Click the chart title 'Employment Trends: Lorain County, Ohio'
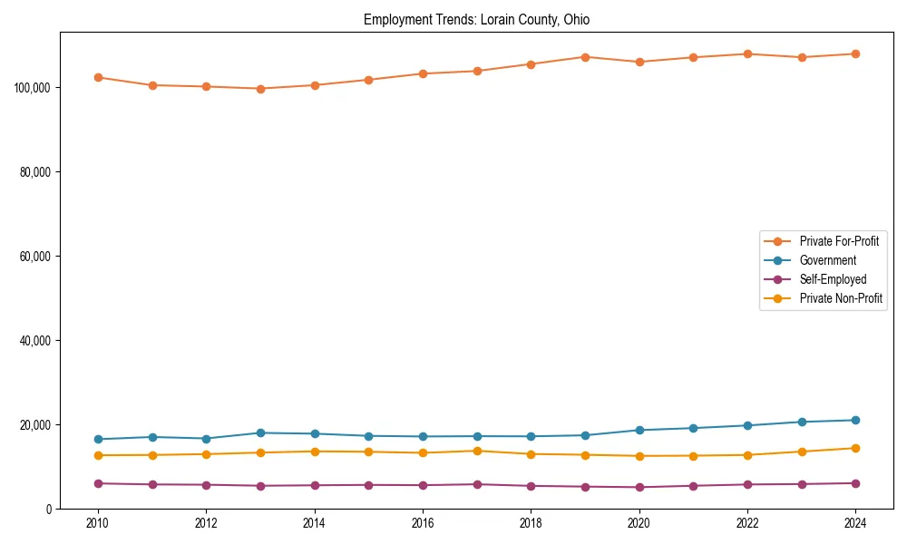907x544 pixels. [x=476, y=20]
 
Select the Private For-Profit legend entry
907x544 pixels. [x=839, y=241]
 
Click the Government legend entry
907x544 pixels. [x=827, y=260]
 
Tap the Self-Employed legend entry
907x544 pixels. [x=833, y=279]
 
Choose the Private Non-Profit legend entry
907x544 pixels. [x=841, y=298]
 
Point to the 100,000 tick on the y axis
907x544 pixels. [x=33, y=88]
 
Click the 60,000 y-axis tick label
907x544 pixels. [x=35, y=257]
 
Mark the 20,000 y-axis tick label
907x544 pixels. [x=35, y=425]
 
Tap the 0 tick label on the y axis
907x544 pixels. [x=49, y=510]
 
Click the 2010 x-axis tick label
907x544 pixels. [x=98, y=523]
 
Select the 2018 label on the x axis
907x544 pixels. [x=531, y=523]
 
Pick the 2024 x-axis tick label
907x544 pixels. [x=855, y=523]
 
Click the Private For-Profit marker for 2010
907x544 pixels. [x=98, y=77]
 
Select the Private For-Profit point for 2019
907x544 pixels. [x=585, y=57]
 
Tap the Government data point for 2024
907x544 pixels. [x=855, y=420]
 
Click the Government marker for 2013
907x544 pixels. [x=260, y=432]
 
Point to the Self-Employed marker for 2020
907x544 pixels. [x=639, y=487]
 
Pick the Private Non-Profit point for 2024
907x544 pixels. [x=855, y=448]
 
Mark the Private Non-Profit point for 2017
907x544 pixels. [x=477, y=451]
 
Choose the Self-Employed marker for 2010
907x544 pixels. [x=98, y=483]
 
